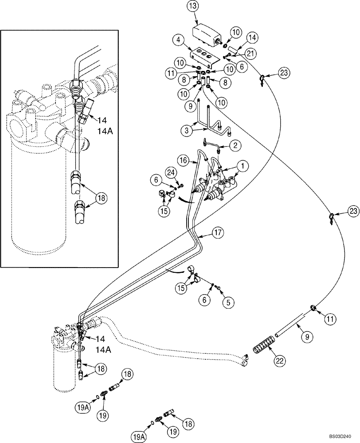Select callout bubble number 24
172,171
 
